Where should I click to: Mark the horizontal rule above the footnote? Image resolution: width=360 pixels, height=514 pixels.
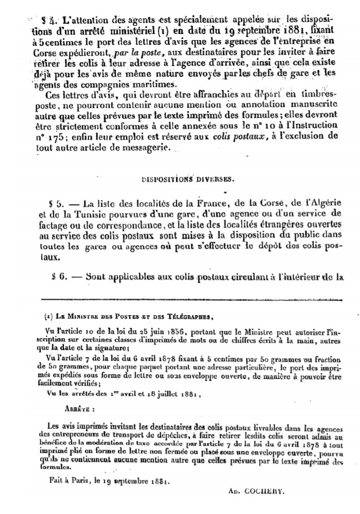click(x=190, y=299)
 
